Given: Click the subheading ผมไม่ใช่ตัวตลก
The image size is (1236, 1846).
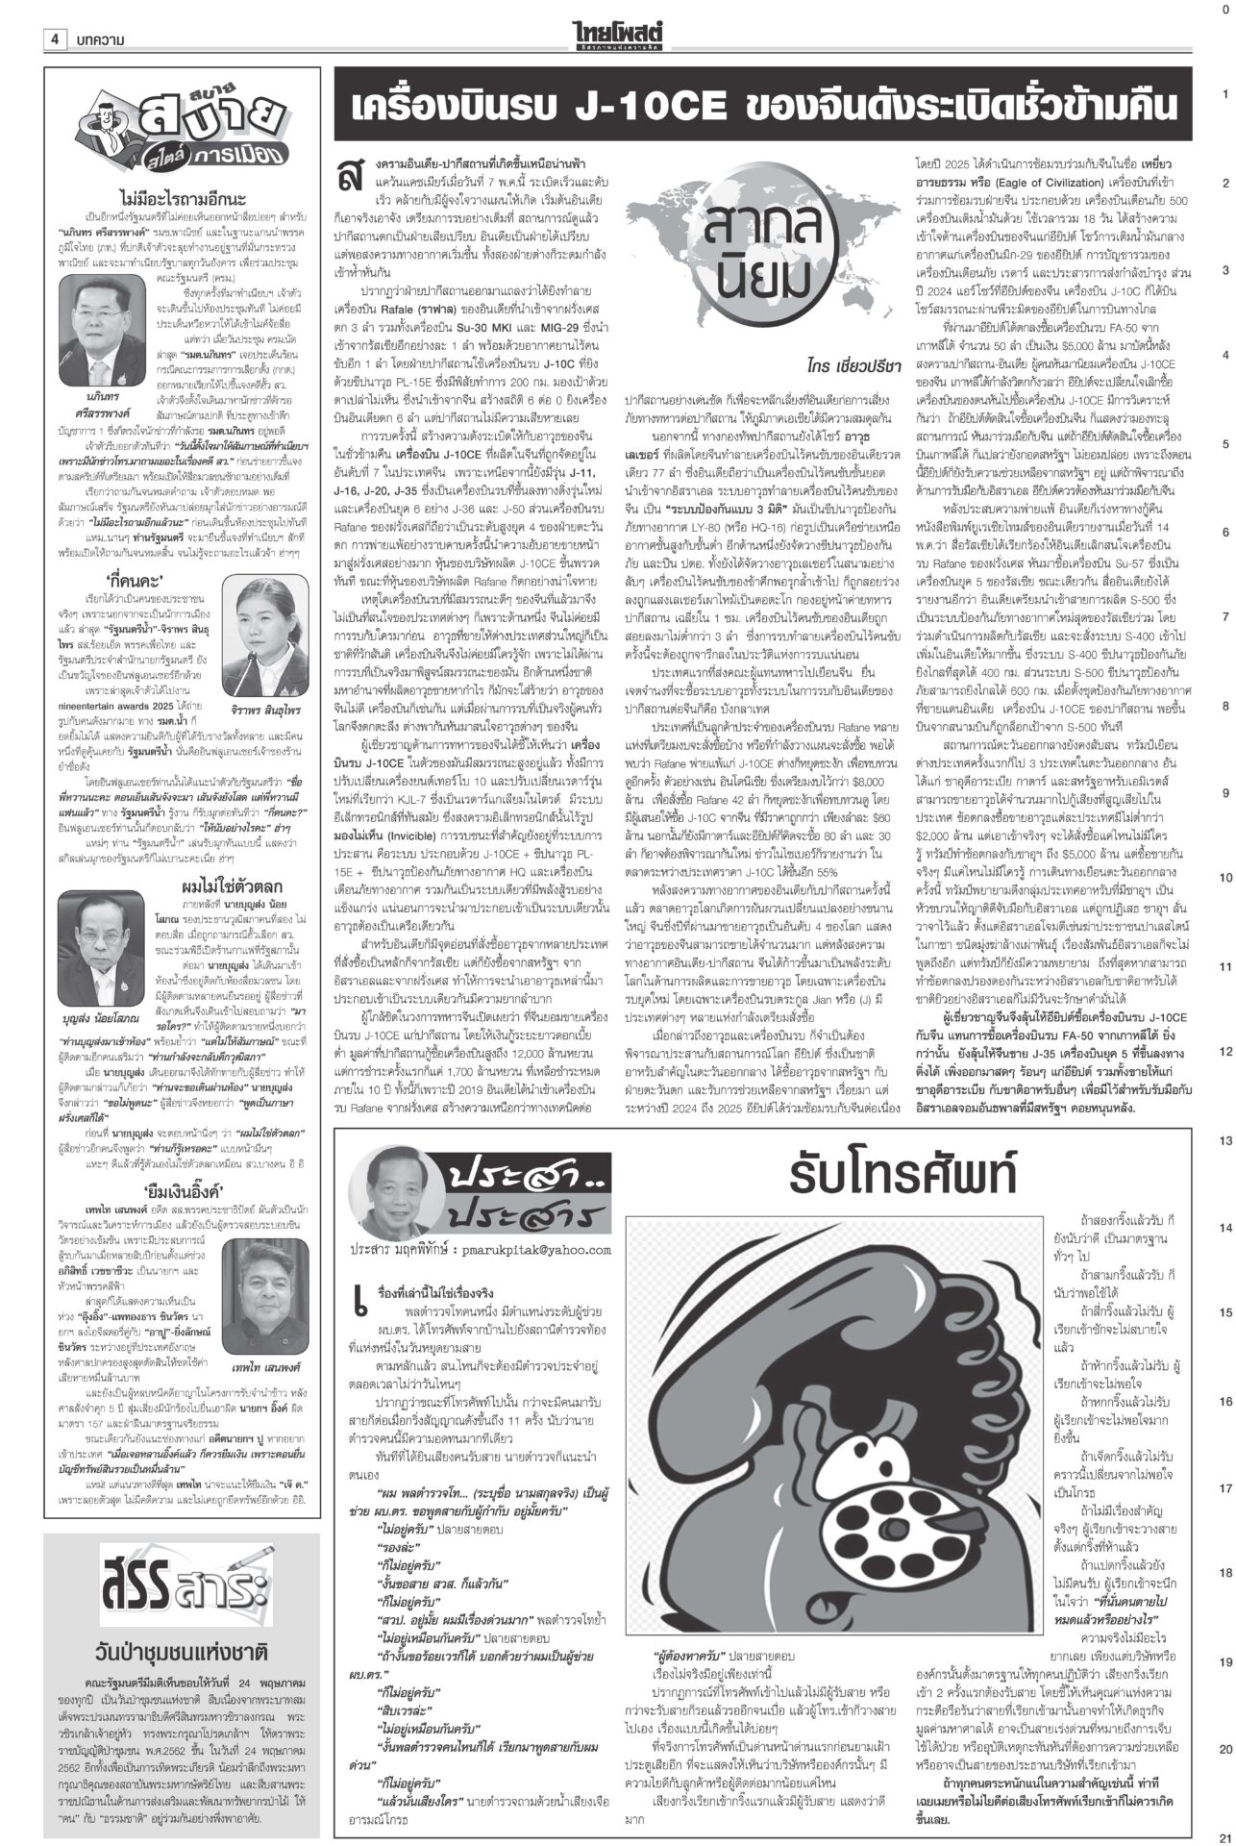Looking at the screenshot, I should (x=225, y=858).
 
